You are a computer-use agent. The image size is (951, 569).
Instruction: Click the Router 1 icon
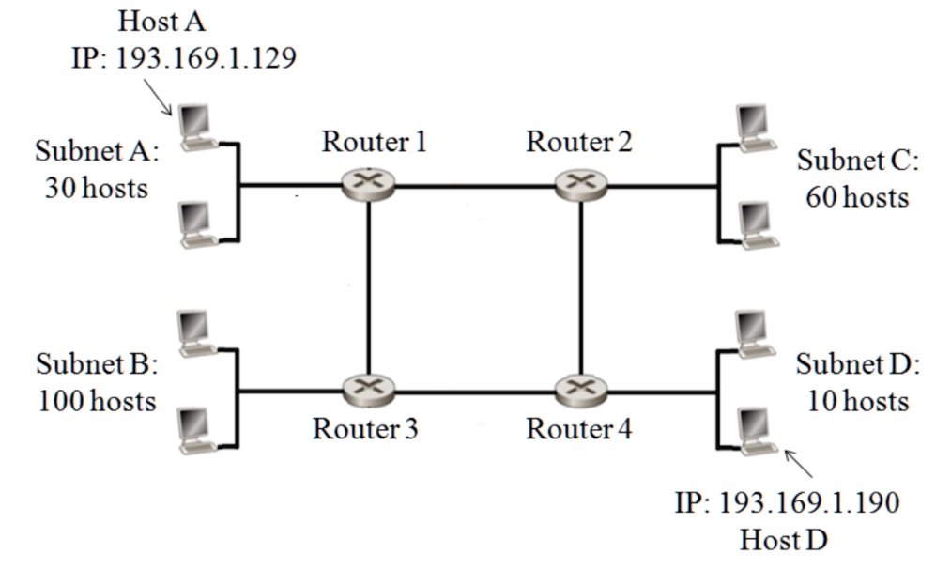coord(368,185)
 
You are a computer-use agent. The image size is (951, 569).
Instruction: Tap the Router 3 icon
coord(368,387)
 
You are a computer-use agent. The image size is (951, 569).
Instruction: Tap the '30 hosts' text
coord(97,188)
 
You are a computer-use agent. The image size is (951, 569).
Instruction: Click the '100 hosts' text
coord(97,402)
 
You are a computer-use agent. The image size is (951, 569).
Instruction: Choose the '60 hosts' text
coord(858,198)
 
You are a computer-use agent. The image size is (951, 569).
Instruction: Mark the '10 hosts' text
coord(858,402)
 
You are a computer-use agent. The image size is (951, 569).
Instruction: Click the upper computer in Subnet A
coord(197,127)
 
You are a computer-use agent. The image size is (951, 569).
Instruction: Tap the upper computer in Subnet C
coord(756,128)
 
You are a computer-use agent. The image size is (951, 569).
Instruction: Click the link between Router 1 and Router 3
coord(368,286)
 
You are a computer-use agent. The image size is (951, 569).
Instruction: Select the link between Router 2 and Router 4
coord(581,286)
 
